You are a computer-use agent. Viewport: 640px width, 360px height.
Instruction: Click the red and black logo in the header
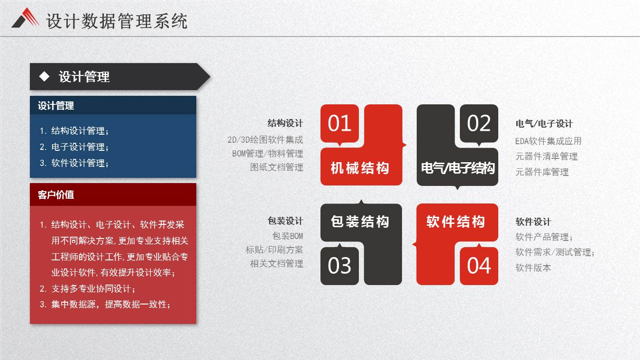[25, 18]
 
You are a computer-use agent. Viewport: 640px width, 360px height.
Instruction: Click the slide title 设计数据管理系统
[117, 21]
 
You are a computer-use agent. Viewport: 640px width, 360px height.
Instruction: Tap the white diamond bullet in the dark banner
[44, 76]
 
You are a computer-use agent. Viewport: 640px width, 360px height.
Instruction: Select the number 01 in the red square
[339, 123]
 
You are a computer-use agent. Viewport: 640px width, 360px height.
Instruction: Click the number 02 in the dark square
[479, 123]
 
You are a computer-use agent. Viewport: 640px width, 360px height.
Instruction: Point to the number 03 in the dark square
[339, 266]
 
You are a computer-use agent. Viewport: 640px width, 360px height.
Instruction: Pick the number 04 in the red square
[479, 266]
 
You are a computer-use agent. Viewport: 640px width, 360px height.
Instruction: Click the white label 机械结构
[360, 168]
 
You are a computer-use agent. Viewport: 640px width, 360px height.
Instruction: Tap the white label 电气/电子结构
[457, 168]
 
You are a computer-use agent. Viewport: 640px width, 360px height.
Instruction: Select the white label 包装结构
[360, 222]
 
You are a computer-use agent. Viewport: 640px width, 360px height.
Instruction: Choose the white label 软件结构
[456, 222]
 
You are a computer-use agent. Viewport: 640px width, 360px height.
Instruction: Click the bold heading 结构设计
[285, 123]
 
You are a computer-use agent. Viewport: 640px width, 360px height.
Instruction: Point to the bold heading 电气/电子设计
[544, 124]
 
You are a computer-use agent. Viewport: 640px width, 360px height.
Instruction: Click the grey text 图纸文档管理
[276, 167]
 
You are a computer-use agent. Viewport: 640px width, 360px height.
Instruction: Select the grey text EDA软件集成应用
[549, 141]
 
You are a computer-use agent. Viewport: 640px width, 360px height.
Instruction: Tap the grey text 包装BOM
[287, 236]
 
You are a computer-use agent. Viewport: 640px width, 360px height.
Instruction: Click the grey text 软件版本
[533, 268]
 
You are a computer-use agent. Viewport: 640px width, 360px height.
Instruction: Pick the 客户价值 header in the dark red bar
[56, 195]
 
